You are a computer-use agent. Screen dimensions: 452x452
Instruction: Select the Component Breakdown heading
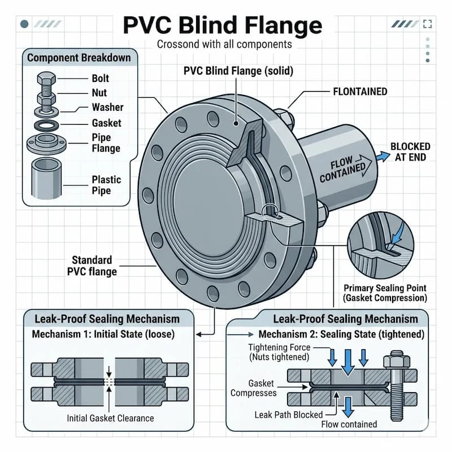pyautogui.click(x=79, y=58)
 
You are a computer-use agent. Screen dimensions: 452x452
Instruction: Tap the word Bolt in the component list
pyautogui.click(x=100, y=79)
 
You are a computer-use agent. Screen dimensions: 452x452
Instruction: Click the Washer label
pyautogui.click(x=107, y=107)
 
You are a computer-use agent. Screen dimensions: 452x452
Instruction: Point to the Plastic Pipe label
pyautogui.click(x=106, y=185)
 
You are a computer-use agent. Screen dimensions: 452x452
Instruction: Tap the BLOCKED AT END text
pyautogui.click(x=410, y=152)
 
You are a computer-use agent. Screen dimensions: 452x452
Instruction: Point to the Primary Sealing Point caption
pyautogui.click(x=385, y=293)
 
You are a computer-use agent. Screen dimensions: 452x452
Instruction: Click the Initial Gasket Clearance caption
pyautogui.click(x=110, y=419)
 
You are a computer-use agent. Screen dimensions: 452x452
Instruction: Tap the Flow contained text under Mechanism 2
pyautogui.click(x=349, y=424)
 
